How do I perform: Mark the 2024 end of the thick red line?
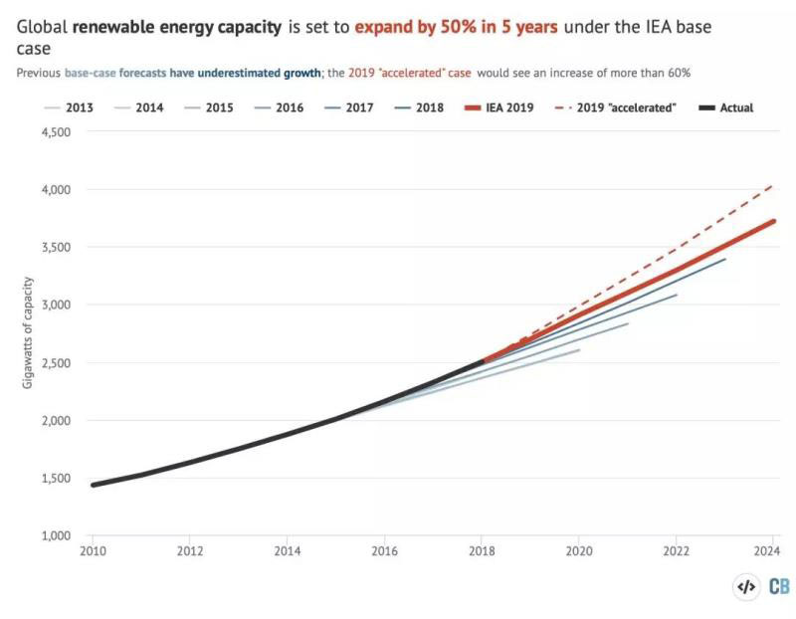(x=774, y=221)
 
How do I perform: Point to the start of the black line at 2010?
(x=93, y=485)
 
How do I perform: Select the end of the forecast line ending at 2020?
(x=579, y=349)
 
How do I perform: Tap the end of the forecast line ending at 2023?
(x=725, y=259)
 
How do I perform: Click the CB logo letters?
(x=779, y=587)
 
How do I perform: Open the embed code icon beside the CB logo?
(x=745, y=587)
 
